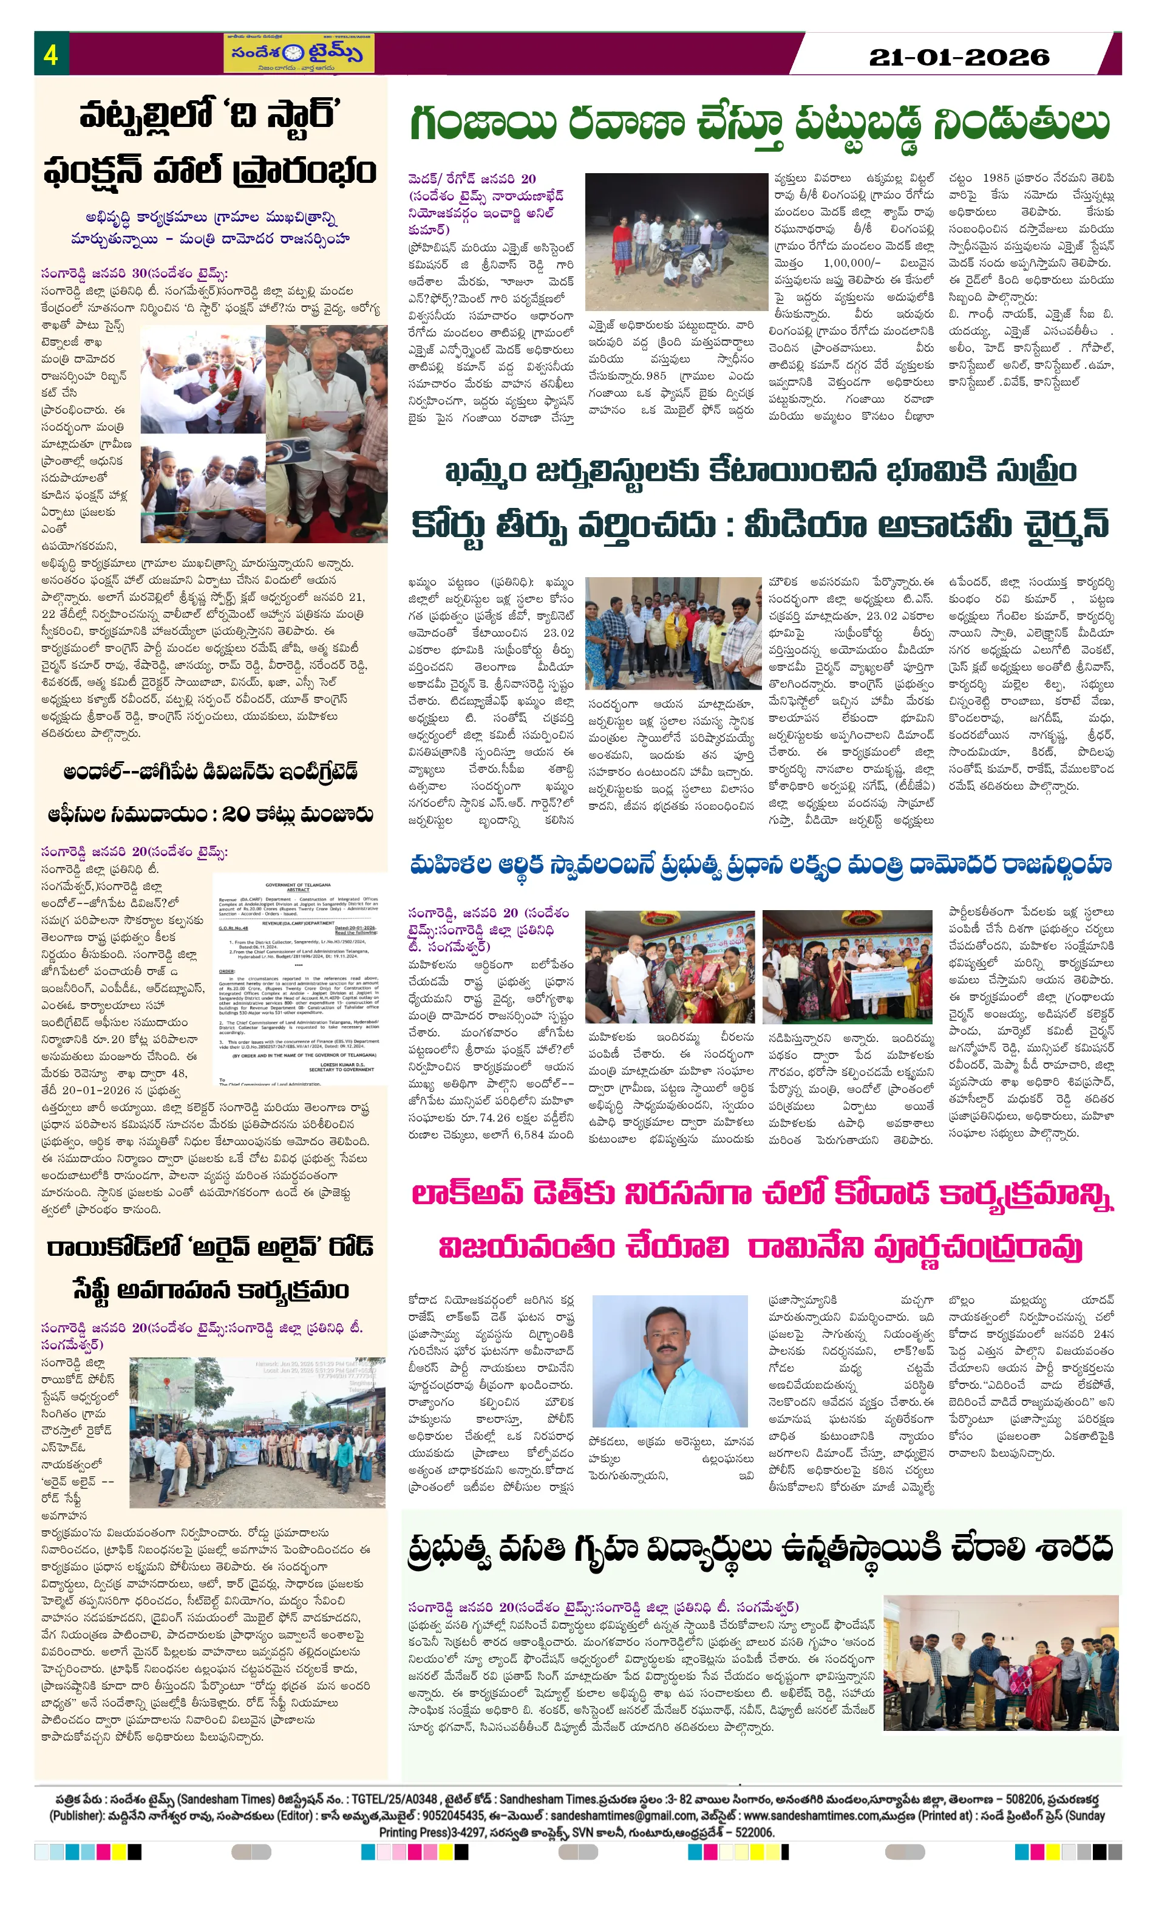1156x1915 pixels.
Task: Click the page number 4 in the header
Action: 50,55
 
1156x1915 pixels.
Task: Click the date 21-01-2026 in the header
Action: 959,57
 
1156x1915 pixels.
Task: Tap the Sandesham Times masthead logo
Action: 298,53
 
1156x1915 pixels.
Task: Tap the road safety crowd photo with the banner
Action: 257,1433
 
